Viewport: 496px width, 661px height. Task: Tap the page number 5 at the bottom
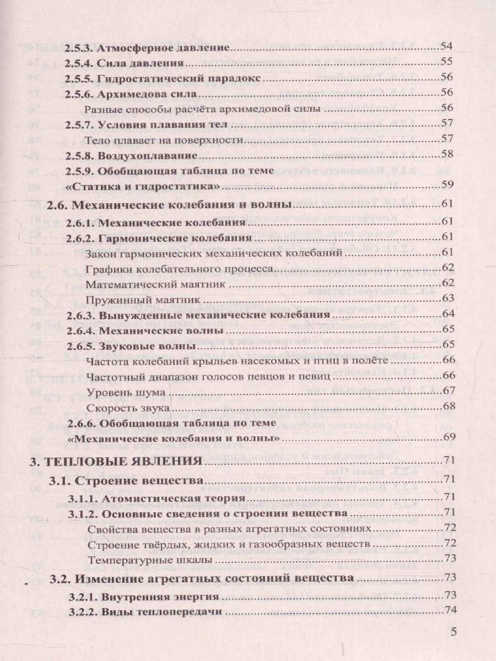pos(454,633)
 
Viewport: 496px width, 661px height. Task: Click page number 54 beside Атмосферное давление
pos(447,47)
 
